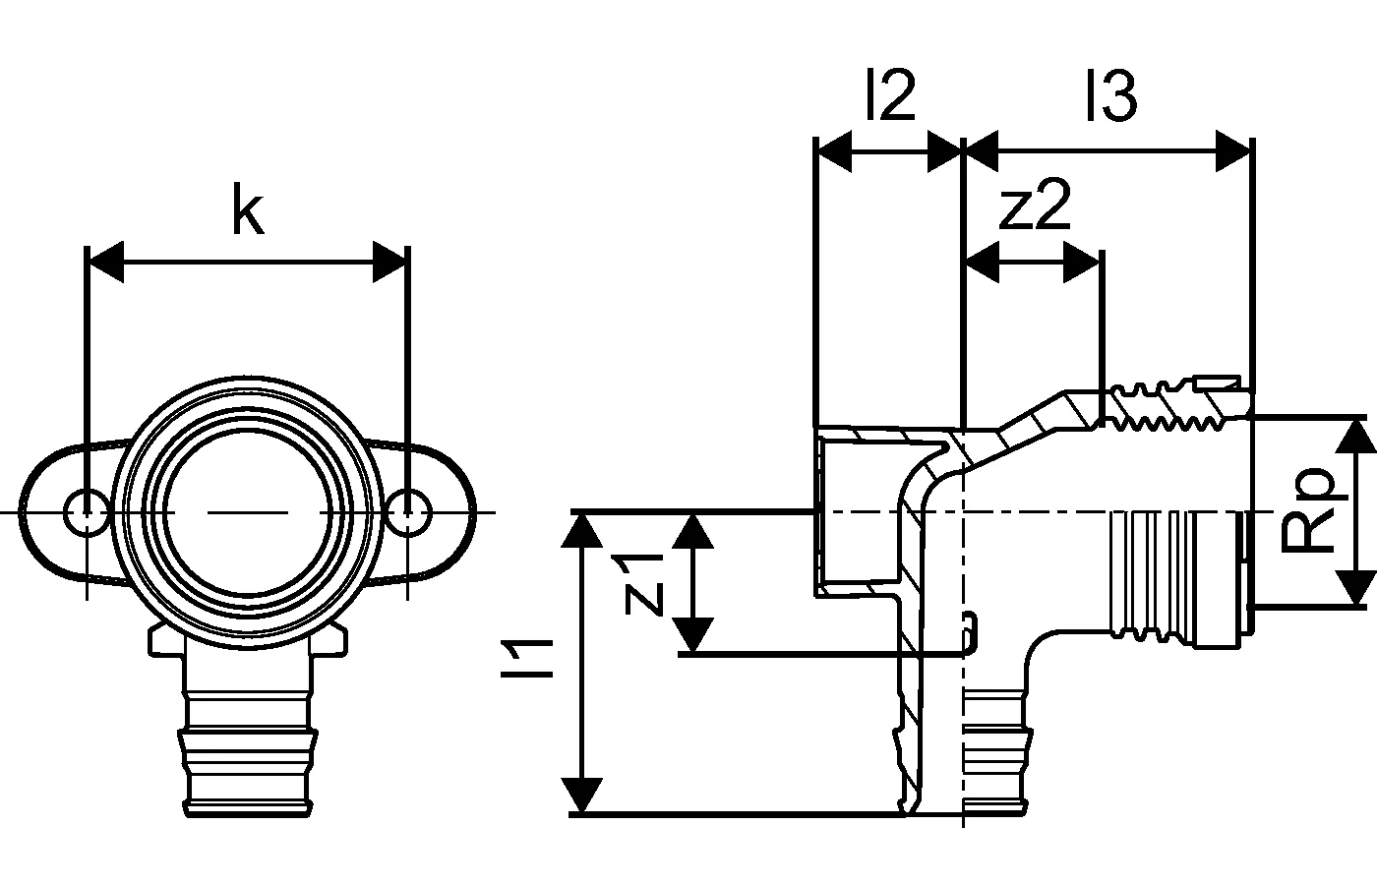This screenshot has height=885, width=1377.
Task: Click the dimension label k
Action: (248, 211)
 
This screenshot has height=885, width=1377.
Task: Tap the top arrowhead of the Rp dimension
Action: (1357, 434)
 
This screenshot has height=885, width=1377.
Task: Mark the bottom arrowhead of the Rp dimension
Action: (1357, 587)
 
